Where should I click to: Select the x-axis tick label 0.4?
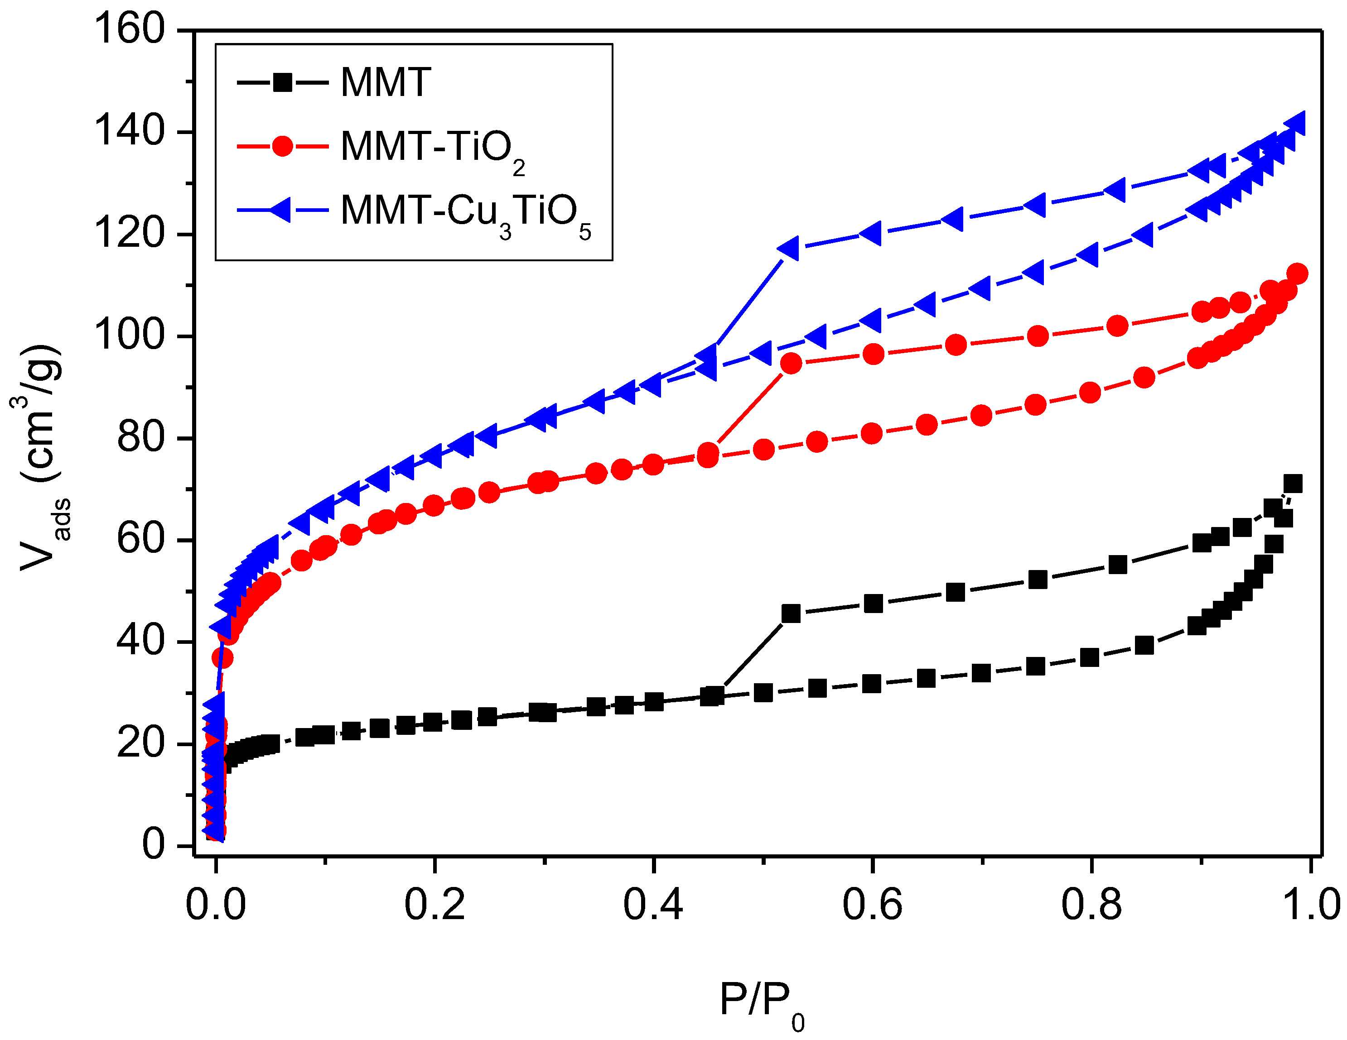point(652,905)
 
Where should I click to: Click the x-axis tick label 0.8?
point(1091,905)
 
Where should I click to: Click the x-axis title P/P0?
point(762,999)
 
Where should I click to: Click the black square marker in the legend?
point(282,82)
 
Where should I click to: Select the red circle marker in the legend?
point(282,146)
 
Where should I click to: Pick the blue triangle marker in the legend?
point(280,210)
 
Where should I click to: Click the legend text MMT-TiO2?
point(432,149)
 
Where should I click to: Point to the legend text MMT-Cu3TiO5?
point(466,213)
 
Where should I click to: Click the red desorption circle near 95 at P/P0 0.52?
point(791,364)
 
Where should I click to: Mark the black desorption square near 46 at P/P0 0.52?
point(791,613)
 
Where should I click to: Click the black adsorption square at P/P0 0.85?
point(1144,646)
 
